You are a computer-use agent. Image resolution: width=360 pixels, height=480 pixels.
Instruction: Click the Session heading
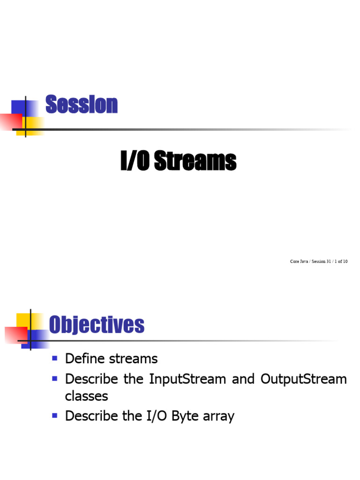pyautogui.click(x=81, y=105)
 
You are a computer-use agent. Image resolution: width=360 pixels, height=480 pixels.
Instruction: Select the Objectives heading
pyautogui.click(x=97, y=324)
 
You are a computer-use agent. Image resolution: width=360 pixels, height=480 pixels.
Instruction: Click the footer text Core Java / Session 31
pyautogui.click(x=307, y=261)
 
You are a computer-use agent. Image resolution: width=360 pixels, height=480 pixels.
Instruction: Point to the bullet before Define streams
pyautogui.click(x=54, y=358)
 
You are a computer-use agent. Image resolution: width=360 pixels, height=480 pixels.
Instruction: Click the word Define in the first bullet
pyautogui.click(x=83, y=359)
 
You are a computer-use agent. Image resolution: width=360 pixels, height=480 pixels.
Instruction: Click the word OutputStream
pyautogui.click(x=302, y=379)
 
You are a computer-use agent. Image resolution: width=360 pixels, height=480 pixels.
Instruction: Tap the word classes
pyautogui.click(x=86, y=396)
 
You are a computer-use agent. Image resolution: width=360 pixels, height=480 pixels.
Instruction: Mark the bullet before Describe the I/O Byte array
pyautogui.click(x=54, y=415)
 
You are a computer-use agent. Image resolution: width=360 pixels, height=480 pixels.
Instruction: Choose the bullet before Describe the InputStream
pyautogui.click(x=54, y=377)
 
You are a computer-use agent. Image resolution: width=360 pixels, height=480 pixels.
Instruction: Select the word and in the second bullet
pyautogui.click(x=243, y=379)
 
